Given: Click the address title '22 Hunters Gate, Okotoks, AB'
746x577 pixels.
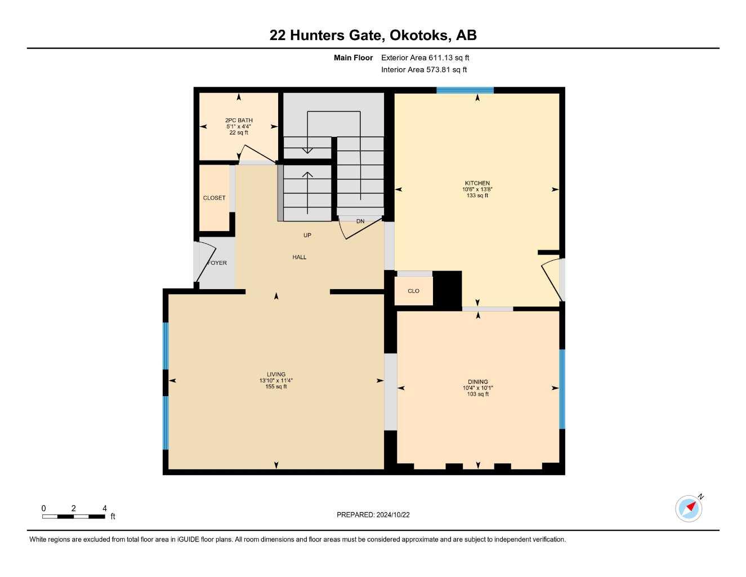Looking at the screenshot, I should pos(373,35).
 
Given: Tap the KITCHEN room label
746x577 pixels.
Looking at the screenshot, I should pos(477,183).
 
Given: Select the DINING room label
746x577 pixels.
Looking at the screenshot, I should pos(477,381).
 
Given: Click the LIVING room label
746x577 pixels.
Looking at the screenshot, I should pos(276,374).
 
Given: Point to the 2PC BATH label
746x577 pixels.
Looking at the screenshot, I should pos(239,120).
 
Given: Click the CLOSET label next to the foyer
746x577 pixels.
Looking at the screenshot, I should pos(214,198).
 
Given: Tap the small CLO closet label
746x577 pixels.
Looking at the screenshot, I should pos(413,291).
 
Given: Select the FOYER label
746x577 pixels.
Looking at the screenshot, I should pos(217,263).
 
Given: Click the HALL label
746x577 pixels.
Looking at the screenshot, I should pos(300,257).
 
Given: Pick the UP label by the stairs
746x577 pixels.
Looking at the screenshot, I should pos(307,235).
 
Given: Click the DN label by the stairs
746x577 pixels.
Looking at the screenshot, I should pos(360,221).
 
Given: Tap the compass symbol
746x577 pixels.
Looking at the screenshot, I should pos(689,508).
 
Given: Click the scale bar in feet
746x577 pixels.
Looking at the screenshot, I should pos(74,516).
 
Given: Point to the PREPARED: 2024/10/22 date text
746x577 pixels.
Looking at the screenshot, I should pos(373,514).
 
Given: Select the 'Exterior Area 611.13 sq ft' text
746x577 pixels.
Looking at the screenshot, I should pos(425,57).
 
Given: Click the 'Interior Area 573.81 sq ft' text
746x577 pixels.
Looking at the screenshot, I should pos(424,70).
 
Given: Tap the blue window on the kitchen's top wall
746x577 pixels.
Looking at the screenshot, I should pos(465,90).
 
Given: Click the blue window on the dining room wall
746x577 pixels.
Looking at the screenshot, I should pos(561,389).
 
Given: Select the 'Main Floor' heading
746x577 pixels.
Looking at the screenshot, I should pos(353,57).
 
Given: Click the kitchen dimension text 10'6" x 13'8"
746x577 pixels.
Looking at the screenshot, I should pos(477,189).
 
